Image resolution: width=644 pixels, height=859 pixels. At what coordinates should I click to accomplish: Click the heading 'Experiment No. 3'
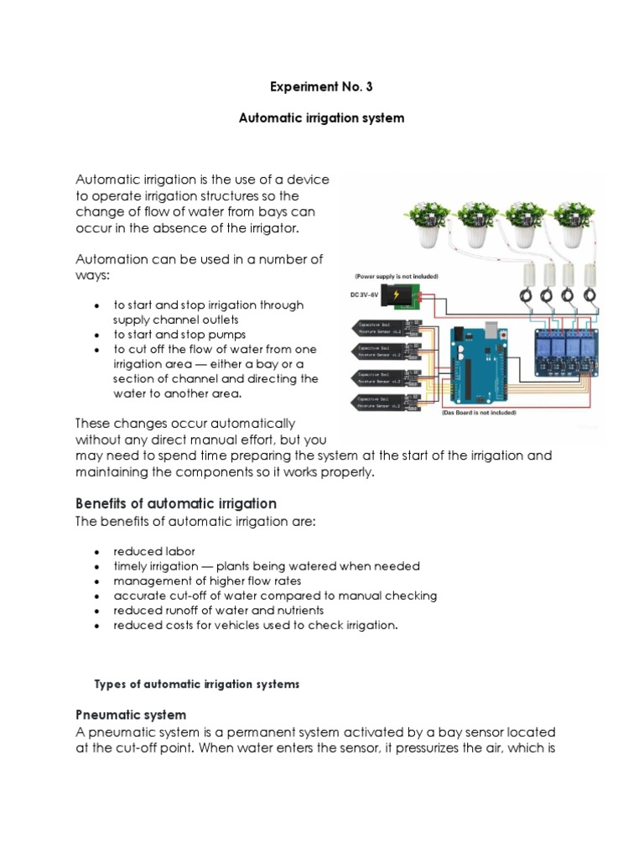321,86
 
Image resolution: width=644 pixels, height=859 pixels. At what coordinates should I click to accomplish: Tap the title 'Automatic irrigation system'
321,118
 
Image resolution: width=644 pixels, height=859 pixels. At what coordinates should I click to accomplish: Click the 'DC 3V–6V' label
365,294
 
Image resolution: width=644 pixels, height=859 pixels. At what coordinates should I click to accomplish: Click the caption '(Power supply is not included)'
396,276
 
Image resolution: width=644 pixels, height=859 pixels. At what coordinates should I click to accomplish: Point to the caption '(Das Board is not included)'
478,413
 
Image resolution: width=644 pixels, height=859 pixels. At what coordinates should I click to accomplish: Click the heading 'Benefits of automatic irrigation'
176,503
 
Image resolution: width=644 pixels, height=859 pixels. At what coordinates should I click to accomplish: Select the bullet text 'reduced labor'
154,551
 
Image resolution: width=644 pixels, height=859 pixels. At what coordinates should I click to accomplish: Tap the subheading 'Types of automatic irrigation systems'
197,685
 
